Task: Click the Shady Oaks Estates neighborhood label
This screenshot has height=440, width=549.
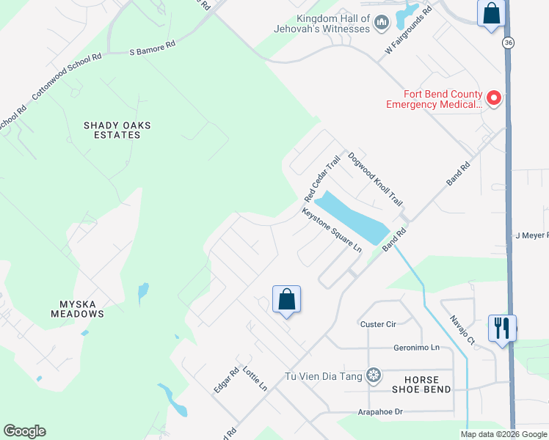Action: pos(117,130)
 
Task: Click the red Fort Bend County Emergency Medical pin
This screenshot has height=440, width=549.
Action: pos(494,98)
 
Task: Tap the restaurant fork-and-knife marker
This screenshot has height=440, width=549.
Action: pos(502,327)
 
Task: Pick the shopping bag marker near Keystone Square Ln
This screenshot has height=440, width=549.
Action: pos(286,299)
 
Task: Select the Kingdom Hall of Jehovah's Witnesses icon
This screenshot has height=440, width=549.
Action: pos(381,24)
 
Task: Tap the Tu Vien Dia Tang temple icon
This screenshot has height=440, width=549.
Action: pos(374,376)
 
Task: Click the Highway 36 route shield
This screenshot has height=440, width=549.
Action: pos(508,43)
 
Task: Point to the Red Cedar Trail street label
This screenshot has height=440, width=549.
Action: pos(323,180)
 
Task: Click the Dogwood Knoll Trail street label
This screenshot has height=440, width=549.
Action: pos(376,179)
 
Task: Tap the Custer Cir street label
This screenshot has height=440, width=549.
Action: pos(378,323)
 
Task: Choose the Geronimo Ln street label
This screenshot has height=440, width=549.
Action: pos(415,347)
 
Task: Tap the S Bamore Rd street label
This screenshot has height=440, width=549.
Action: pos(153,48)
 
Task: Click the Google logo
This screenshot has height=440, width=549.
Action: pos(24,431)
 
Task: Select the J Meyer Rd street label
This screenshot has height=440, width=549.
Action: pos(531,235)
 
